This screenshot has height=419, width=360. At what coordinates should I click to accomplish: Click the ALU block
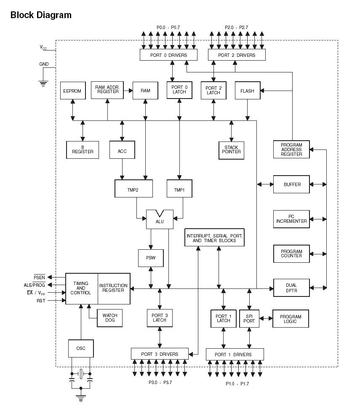pos(160,220)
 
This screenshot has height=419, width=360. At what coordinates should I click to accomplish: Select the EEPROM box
pos(72,91)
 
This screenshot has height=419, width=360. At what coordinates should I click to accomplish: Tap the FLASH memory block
pos(247,91)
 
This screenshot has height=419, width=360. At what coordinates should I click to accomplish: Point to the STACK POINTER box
pos(232,150)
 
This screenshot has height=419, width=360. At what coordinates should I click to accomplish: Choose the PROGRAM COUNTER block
pos(291,254)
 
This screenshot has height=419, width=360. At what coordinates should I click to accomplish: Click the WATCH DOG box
pos(110,318)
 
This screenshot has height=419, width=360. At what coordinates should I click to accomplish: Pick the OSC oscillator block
pos(80,348)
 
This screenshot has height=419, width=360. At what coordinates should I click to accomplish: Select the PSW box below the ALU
pos(151,258)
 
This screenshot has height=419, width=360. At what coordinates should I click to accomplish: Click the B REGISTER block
pos(83,149)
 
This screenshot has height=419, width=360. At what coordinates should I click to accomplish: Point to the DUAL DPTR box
pos(291,288)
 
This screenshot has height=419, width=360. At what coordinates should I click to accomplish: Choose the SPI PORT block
pos(249,318)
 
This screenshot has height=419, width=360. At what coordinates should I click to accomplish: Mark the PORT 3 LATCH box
pos(160,318)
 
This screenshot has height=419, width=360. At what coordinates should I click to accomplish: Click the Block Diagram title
pos(41,15)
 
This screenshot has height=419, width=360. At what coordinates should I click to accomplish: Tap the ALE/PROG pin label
pos(35,285)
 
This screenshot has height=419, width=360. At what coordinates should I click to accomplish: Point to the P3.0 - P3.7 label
pos(160,382)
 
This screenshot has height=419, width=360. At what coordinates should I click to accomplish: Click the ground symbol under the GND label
pos(43,83)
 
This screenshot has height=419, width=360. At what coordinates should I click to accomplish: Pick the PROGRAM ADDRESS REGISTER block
pos(291,149)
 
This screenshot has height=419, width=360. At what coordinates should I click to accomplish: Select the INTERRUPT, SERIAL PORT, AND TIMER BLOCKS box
pos(214,238)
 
